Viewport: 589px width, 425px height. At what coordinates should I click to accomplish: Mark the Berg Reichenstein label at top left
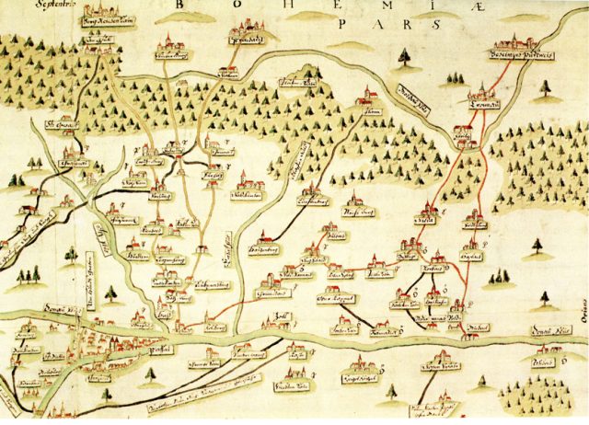tap(103, 20)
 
